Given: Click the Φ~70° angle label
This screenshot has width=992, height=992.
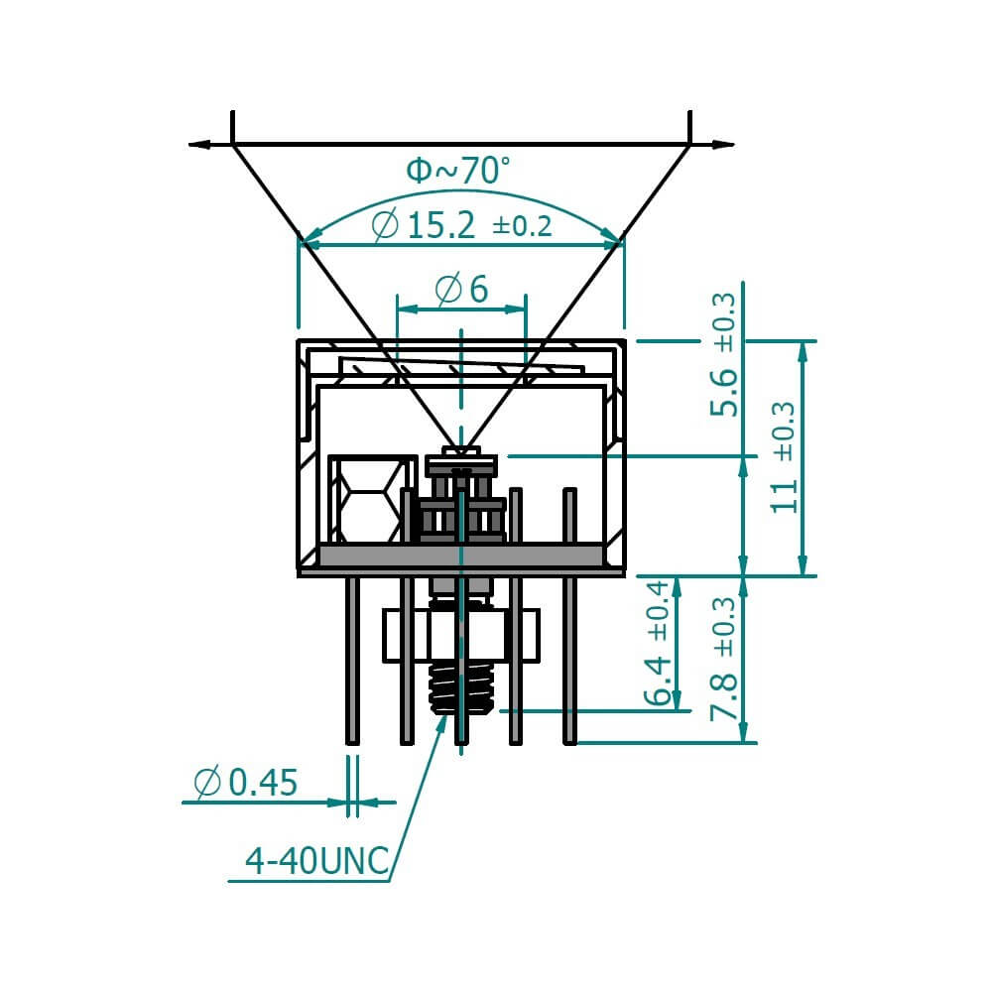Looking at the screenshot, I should click(458, 171).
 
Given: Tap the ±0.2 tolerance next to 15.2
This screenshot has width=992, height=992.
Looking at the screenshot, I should click(522, 227).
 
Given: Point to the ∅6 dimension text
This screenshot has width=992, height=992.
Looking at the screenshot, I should click(462, 290).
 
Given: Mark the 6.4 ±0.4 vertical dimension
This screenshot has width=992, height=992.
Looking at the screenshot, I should click(658, 643).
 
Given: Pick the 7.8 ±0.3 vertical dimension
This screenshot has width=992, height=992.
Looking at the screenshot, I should click(726, 659).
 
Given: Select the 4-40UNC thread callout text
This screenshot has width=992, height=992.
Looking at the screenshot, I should click(316, 861).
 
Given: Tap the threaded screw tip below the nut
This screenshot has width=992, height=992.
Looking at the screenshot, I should click(461, 688).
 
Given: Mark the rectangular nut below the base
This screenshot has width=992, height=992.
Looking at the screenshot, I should click(461, 635).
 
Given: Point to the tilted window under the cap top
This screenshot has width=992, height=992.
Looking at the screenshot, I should click(461, 368).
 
